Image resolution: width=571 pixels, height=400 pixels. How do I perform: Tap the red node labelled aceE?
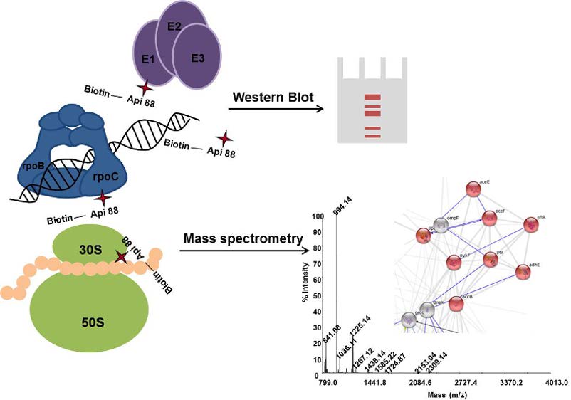pos(473,189)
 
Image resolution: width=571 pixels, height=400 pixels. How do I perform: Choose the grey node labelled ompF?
pos(441,226)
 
